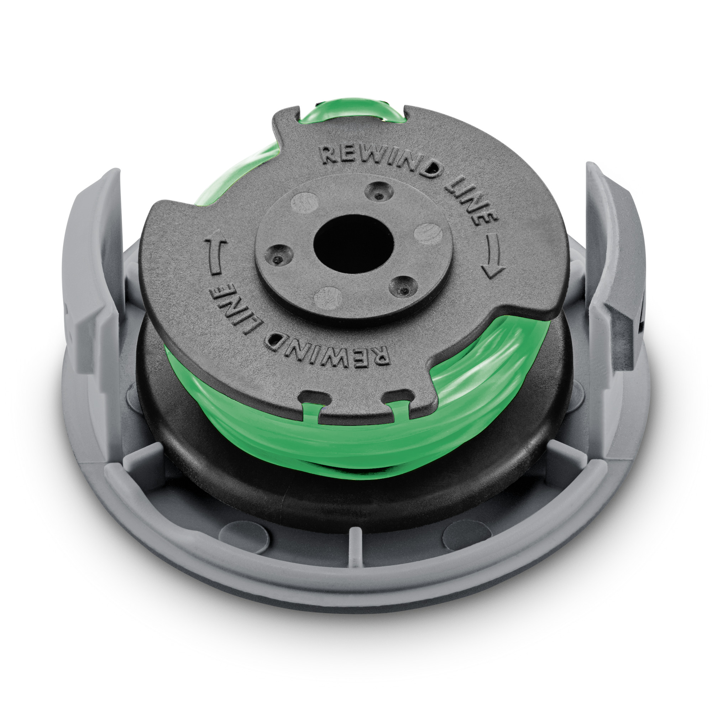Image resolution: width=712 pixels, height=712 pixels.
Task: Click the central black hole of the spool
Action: [x=353, y=245]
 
